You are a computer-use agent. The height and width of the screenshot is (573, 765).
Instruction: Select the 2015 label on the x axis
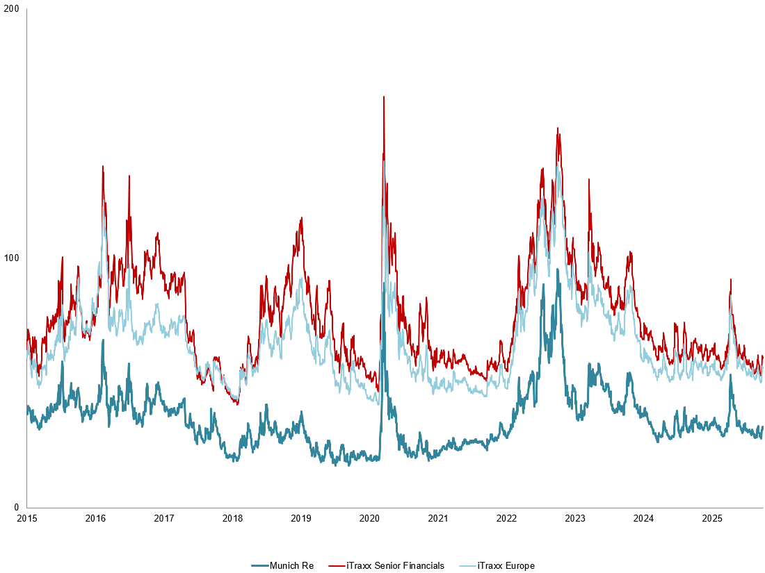click(x=26, y=518)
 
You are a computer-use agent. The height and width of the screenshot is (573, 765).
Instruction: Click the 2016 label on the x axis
click(x=95, y=518)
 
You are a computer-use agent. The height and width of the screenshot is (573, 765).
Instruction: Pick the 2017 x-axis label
click(x=163, y=518)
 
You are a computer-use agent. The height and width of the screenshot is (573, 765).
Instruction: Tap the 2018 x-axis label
click(x=232, y=518)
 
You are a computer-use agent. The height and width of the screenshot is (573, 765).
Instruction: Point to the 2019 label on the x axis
click(x=300, y=518)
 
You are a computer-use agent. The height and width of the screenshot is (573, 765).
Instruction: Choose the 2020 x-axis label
click(x=369, y=518)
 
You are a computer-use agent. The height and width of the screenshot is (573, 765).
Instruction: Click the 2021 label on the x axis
click(x=437, y=518)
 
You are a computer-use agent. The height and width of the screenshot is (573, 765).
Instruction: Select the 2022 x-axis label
click(x=506, y=518)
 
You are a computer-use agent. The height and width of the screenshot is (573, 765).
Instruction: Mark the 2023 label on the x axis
click(x=574, y=518)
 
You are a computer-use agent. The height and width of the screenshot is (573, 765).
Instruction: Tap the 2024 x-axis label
click(x=643, y=518)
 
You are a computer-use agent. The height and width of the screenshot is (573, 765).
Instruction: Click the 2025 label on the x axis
click(x=711, y=518)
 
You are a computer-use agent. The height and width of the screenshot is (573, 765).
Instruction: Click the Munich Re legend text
click(x=291, y=566)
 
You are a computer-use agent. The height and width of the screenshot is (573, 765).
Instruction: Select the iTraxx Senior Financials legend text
click(x=395, y=566)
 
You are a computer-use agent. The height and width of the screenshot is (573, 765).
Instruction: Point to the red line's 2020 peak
click(x=383, y=97)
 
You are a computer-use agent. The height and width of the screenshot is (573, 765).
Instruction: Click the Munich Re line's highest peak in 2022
click(x=557, y=270)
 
